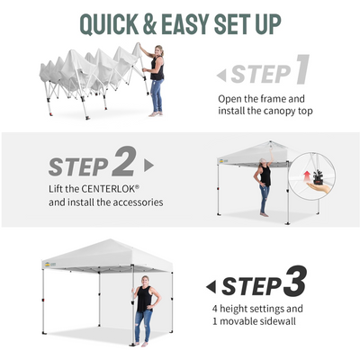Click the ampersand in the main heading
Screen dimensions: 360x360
click(149, 24)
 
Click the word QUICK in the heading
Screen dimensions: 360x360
click(110, 24)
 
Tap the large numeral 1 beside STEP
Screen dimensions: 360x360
click(302, 69)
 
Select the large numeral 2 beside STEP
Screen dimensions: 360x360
click(124, 161)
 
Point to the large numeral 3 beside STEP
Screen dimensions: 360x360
click(295, 281)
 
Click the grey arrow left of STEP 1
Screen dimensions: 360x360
click(221, 76)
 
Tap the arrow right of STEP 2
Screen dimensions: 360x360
click(148, 166)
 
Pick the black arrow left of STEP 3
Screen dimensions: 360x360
click(211, 287)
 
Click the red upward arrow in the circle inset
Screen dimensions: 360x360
click(307, 176)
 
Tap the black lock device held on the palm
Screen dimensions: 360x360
click(318, 176)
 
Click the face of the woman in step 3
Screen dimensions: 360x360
click(146, 281)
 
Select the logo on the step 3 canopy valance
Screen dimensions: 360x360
click(48, 265)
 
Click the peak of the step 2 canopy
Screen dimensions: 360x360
click(270, 141)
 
